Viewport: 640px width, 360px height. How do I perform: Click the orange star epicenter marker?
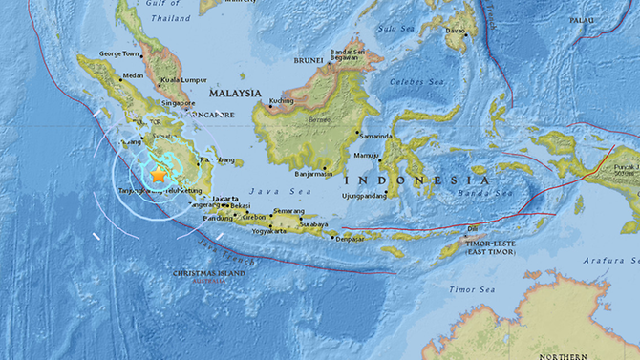(158, 176)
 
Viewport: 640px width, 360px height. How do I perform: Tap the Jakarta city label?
(224, 198)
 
